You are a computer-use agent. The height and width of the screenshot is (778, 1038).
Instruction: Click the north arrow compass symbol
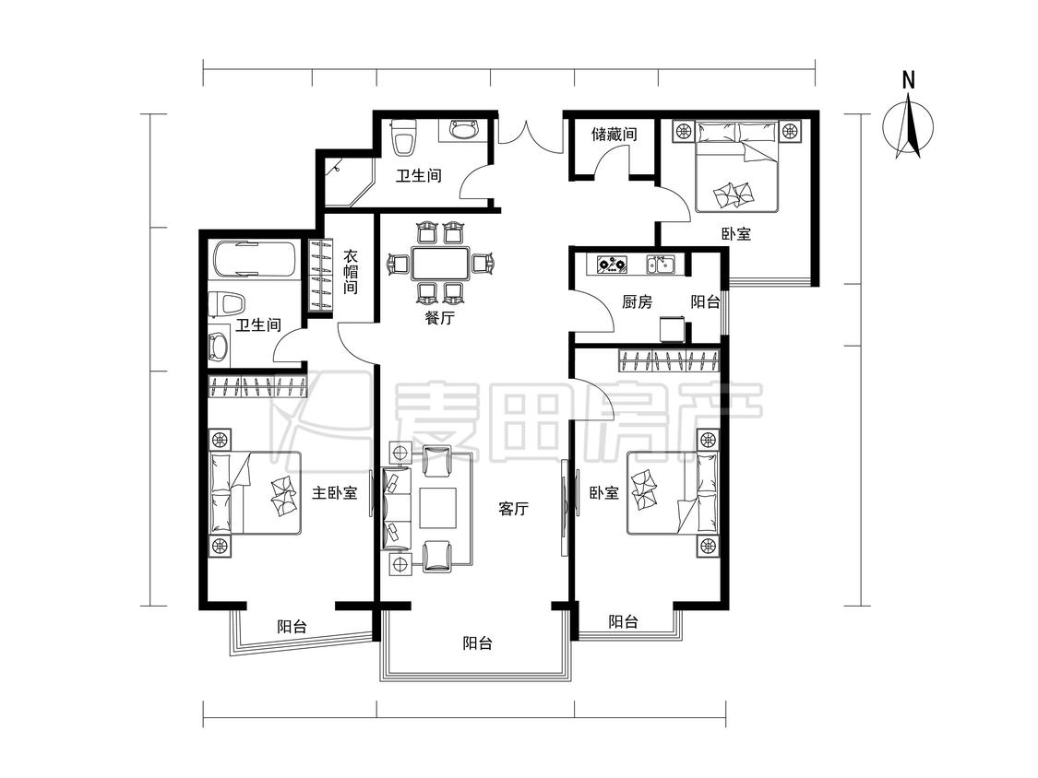pos(908,126)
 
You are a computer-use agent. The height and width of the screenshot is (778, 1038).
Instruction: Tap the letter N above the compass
pos(908,81)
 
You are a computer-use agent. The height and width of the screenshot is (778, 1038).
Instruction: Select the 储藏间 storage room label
pos(614,135)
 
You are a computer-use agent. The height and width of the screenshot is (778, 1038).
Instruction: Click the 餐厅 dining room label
pos(439,317)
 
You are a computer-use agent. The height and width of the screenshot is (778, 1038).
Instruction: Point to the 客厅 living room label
pos(513,509)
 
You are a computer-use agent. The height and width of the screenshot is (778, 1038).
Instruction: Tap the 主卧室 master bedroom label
pos(335,493)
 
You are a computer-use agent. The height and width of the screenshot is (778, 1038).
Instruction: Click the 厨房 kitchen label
pos(637,302)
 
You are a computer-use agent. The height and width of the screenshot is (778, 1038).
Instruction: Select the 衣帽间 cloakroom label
pos(351,272)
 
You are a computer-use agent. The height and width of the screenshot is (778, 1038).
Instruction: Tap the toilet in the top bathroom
pos(404,137)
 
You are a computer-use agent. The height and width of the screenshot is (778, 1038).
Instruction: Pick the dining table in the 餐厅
pos(440,264)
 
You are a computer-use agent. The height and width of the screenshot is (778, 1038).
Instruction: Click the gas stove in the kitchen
pos(612,265)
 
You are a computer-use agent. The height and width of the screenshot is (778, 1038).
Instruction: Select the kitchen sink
pos(661,265)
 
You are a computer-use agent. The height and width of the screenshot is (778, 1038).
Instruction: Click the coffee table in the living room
pos(438,507)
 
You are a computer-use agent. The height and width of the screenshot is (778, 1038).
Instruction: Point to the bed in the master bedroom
pos(255,493)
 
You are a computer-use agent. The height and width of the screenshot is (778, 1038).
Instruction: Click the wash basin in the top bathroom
pos(466,129)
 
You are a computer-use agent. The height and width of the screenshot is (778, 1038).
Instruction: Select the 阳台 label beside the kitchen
pos(705,302)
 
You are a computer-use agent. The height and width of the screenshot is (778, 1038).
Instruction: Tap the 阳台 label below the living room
pos(477,643)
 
